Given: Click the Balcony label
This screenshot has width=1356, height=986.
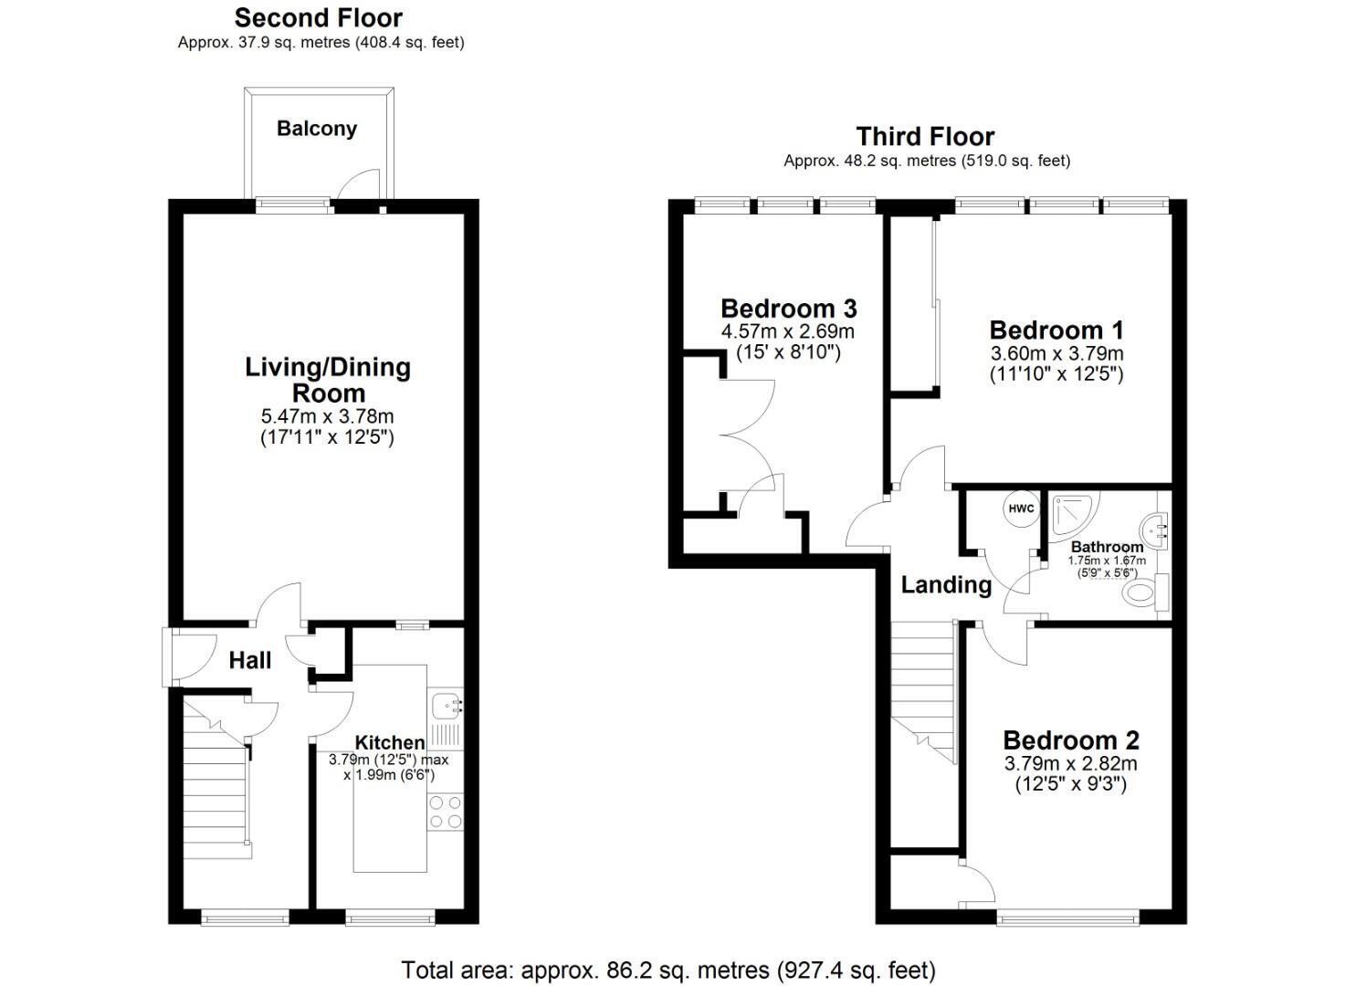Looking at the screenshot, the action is (x=317, y=129).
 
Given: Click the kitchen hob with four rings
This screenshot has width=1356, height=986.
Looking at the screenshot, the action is (x=447, y=812).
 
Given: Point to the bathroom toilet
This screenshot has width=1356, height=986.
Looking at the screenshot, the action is (x=1146, y=592).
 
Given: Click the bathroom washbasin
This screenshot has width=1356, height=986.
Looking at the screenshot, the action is (x=1154, y=530).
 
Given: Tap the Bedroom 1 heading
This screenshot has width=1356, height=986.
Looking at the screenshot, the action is (x=1056, y=330).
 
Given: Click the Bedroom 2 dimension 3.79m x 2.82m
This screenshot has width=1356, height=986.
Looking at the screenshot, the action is (x=1071, y=763).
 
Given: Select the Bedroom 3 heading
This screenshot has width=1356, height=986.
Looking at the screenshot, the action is (x=789, y=309).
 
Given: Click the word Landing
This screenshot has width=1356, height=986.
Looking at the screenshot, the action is (x=946, y=584).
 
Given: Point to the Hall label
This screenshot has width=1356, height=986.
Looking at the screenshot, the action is (x=250, y=660).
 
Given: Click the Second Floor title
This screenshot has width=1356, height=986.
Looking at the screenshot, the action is (x=319, y=18).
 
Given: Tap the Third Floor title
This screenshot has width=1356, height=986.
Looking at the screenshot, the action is (x=925, y=137).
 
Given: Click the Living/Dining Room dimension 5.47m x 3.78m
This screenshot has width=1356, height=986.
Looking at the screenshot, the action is (x=328, y=416).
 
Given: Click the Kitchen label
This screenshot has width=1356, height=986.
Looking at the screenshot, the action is (x=390, y=742).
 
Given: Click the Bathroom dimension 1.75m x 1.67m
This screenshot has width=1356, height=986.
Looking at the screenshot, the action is (x=1107, y=561).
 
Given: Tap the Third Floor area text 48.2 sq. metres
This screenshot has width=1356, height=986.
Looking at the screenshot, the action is (x=870, y=161).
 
